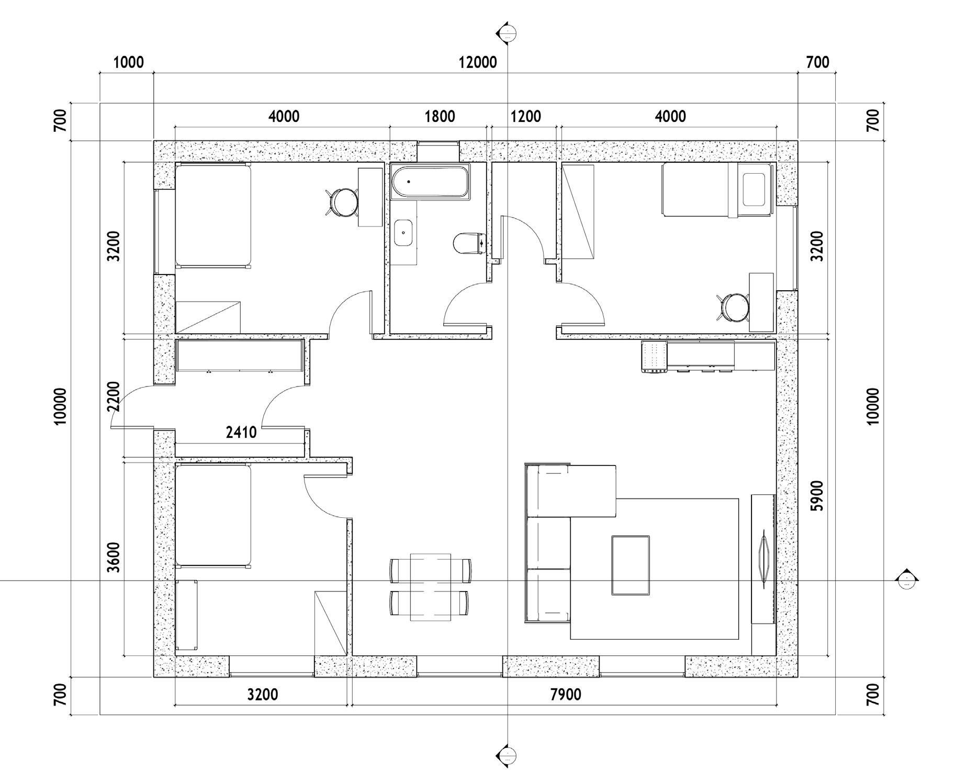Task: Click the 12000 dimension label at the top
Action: click(478, 62)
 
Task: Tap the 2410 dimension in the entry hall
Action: click(241, 433)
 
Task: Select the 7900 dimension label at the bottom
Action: click(566, 695)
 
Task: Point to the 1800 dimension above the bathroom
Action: click(440, 116)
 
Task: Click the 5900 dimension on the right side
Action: click(816, 496)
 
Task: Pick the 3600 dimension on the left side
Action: click(113, 558)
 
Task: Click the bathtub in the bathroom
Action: click(430, 181)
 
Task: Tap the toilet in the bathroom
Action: click(469, 244)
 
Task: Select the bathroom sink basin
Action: click(403, 233)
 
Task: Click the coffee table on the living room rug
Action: click(631, 565)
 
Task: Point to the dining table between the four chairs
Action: click(430, 587)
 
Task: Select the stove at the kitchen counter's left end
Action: click(654, 357)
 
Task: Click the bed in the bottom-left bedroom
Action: click(213, 516)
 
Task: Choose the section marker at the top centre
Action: click(507, 33)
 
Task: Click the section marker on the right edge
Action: click(906, 580)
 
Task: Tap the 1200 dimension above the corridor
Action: click(526, 116)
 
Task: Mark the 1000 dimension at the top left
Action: click(128, 62)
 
